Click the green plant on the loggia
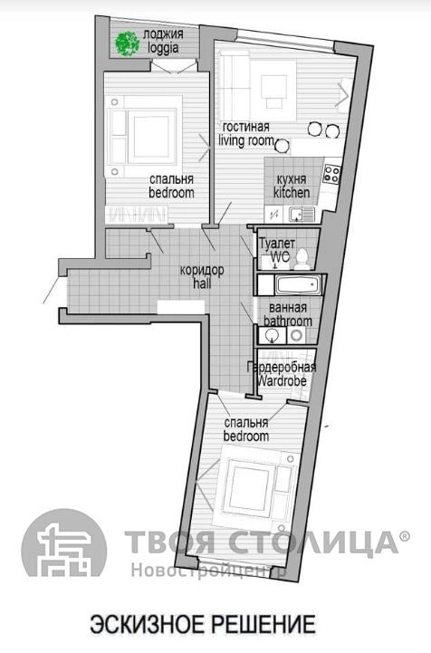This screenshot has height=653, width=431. coord(127,43)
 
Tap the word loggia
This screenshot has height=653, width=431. coord(164,48)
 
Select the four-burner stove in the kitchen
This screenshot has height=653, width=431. coord(332,175)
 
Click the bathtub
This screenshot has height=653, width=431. coord(298,285)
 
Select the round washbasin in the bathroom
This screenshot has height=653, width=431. coord(272,335)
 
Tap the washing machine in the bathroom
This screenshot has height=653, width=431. coord(296,335)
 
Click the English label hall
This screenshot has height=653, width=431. coord(202,284)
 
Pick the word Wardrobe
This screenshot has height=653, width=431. coord(282,380)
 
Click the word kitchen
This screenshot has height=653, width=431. coord(292,193)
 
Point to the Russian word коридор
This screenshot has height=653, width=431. coord(202,270)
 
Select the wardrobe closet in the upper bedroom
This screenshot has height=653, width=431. coord(136,215)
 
